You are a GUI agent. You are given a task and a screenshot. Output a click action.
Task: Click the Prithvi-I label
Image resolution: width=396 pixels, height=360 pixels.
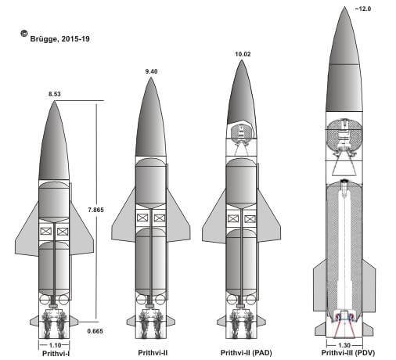click(x=56, y=354)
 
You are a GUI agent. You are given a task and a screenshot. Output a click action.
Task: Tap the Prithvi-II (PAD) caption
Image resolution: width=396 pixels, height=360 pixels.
click(x=247, y=353)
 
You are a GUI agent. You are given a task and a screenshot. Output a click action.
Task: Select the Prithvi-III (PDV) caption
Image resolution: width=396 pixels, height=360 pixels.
click(x=348, y=353)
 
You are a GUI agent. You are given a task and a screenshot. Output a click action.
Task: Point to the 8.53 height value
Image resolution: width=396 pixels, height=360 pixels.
click(x=55, y=94)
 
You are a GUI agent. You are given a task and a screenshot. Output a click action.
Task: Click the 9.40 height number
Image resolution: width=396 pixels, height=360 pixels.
click(x=151, y=71)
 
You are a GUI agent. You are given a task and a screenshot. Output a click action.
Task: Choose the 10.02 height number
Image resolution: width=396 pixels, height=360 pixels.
click(x=243, y=54)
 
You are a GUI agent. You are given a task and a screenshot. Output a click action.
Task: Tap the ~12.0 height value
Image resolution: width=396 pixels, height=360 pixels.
click(x=362, y=9)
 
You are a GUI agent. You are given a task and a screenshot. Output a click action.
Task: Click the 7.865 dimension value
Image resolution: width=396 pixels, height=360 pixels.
click(x=95, y=210)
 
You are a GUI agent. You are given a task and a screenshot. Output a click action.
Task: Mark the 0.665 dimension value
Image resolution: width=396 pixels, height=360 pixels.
click(x=95, y=331)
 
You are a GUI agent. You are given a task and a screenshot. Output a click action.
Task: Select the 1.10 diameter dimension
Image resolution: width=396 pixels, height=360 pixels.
click(x=55, y=345)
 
